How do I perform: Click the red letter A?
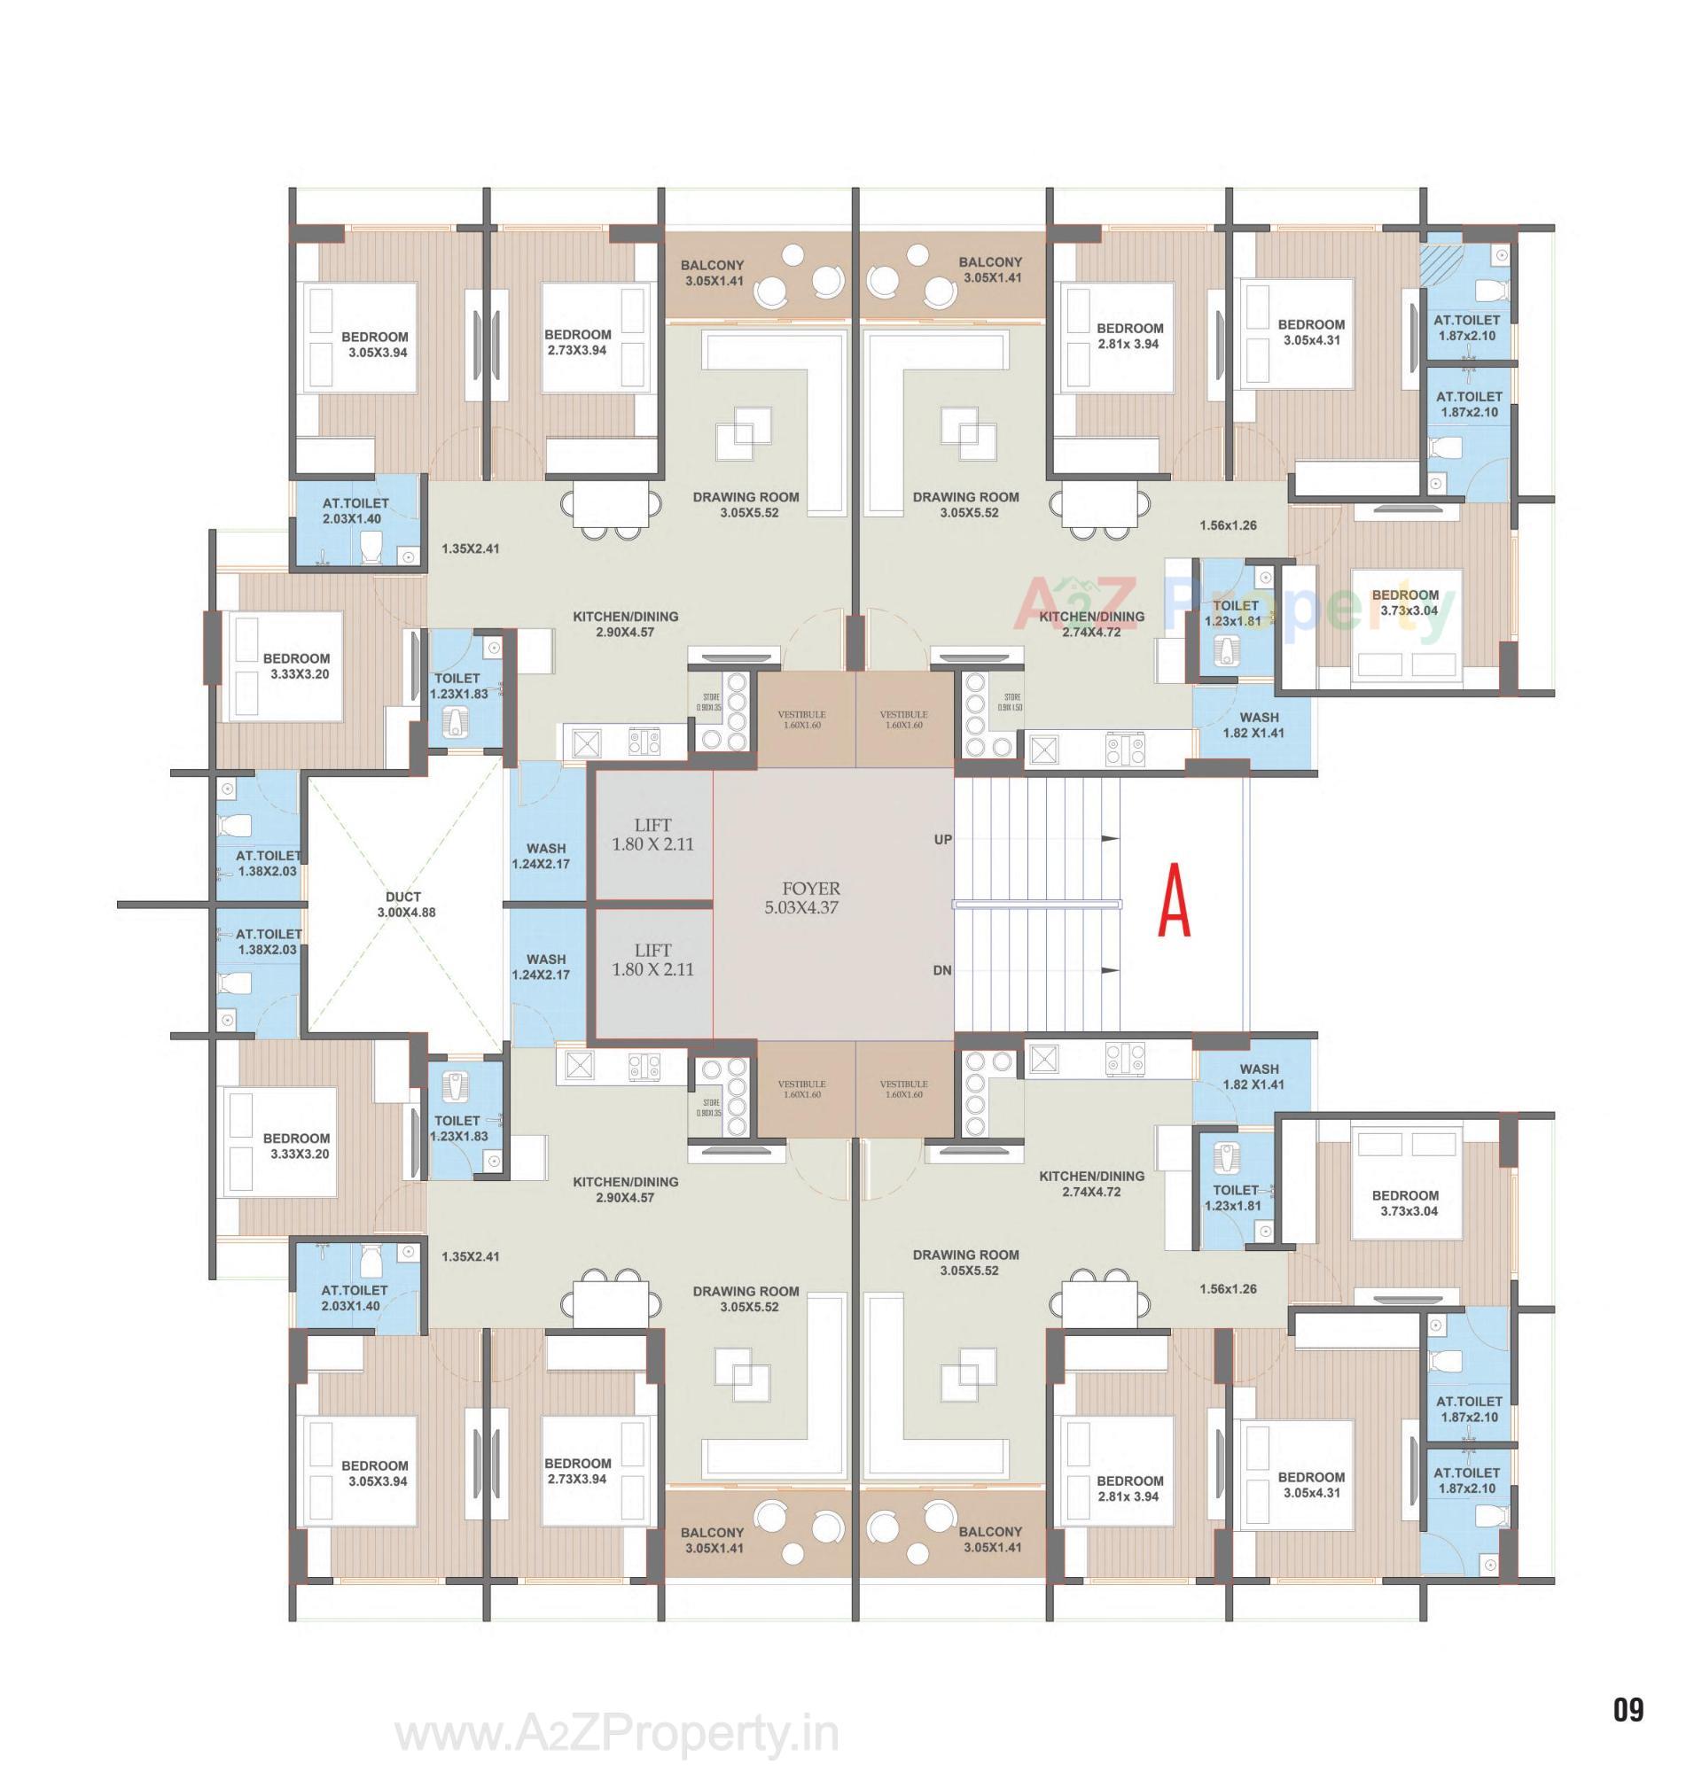pyautogui.click(x=1174, y=901)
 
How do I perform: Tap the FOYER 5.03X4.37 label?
pyautogui.click(x=800, y=897)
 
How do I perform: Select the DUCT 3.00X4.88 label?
pyautogui.click(x=406, y=904)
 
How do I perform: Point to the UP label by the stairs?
pyautogui.click(x=942, y=840)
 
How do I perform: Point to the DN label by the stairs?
pyautogui.click(x=942, y=970)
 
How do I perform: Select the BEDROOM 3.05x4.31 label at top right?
pyautogui.click(x=1310, y=331)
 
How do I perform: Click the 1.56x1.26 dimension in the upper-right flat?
pyautogui.click(x=1227, y=525)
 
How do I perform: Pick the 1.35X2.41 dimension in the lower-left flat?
pyautogui.click(x=470, y=1255)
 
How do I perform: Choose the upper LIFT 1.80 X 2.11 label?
pyautogui.click(x=652, y=835)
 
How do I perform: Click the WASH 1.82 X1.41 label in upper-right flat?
pyautogui.click(x=1252, y=725)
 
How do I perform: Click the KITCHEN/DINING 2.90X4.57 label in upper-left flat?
pyautogui.click(x=625, y=624)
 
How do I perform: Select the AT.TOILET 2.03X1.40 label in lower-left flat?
pyautogui.click(x=355, y=1297)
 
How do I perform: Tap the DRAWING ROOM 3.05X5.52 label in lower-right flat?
pyautogui.click(x=966, y=1262)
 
